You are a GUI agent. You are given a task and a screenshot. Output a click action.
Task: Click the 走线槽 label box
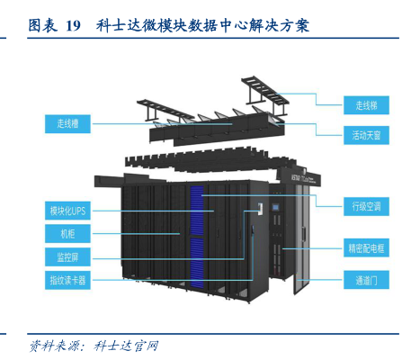tap(67, 123)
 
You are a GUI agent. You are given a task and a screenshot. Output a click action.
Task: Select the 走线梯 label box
tap(366, 105)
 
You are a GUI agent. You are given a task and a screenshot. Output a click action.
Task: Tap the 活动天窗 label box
tap(366, 135)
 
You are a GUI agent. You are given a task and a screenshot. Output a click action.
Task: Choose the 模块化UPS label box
tap(67, 211)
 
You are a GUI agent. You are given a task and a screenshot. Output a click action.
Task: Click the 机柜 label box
tap(67, 234)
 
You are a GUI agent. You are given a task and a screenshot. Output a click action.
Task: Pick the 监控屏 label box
tap(67, 256)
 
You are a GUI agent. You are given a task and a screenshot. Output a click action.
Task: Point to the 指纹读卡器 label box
tap(67, 280)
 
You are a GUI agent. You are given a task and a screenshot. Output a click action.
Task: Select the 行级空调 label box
tap(366, 206)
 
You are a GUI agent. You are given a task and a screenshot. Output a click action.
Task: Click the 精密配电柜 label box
tap(366, 248)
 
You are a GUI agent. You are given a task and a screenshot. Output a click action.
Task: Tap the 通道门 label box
tap(366, 280)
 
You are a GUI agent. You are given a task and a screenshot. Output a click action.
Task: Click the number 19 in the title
tap(73, 26)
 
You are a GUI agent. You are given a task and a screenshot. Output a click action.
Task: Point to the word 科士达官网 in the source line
tap(126, 346)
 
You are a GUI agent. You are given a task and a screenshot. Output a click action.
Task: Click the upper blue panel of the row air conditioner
tap(197, 211)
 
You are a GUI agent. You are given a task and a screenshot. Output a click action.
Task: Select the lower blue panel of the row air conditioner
tap(197, 263)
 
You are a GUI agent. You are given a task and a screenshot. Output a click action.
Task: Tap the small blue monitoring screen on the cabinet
tap(275, 207)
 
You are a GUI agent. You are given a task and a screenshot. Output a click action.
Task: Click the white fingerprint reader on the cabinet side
tap(260, 209)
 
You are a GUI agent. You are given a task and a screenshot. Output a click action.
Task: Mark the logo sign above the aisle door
tap(305, 179)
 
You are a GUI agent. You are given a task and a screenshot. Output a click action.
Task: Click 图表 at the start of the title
tap(42, 25)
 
